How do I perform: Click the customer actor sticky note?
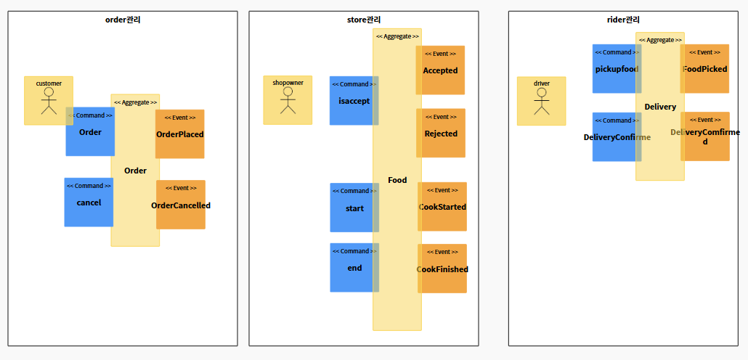point(48,100)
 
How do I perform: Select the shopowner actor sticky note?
point(288,100)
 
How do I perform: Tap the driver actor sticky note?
point(541,101)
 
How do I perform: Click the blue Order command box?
point(90,131)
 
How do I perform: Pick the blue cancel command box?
point(89,202)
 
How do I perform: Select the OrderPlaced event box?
point(180,134)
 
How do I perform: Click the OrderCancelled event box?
point(181,205)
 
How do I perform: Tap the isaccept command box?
point(351,101)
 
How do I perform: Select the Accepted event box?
point(441,70)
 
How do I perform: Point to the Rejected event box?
point(441,133)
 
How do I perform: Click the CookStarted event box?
point(443,207)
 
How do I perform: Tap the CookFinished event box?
point(443,269)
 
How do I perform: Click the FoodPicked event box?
point(705,69)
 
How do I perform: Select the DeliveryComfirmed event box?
point(705,136)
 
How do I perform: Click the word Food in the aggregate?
point(397,180)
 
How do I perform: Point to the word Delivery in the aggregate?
point(660,107)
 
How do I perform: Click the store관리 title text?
point(364,20)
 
